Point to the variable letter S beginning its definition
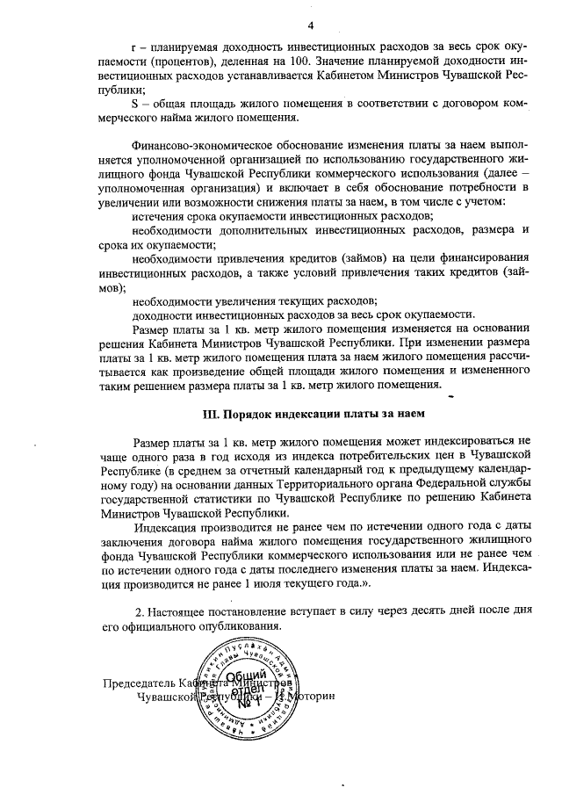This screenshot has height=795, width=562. click(x=133, y=105)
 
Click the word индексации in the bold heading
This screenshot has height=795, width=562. click(x=298, y=412)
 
